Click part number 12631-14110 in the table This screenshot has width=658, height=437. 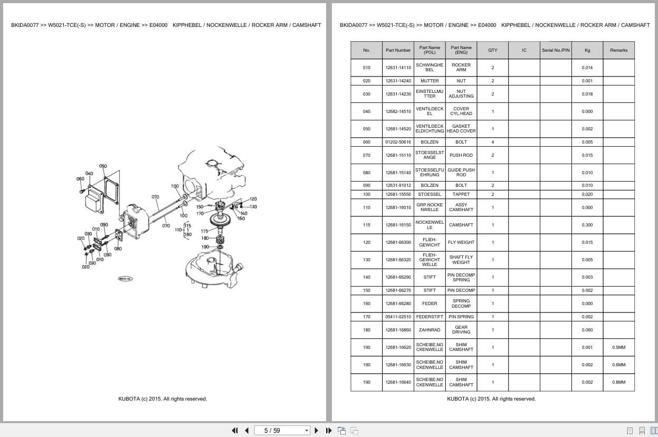pyautogui.click(x=398, y=68)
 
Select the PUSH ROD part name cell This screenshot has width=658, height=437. pyautogui.click(x=461, y=155)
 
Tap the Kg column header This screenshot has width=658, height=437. pyautogui.click(x=587, y=50)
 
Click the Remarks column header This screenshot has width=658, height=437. pyautogui.click(x=618, y=50)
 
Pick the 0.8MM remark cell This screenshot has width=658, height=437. pyautogui.click(x=618, y=382)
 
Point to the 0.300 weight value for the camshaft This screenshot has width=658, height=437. pyautogui.click(x=587, y=225)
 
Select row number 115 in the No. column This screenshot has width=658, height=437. pyautogui.click(x=366, y=225)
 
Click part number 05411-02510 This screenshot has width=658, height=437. pyautogui.click(x=398, y=317)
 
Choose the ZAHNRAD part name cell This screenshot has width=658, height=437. pyautogui.click(x=430, y=330)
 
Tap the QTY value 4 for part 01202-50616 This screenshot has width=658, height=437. pyautogui.click(x=492, y=142)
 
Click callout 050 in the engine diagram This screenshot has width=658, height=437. pyautogui.click(x=103, y=166)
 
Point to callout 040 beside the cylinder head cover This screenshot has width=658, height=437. pyautogui.click(x=89, y=174)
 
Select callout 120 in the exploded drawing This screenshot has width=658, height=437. pyautogui.click(x=253, y=199)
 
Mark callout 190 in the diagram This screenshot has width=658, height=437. pyautogui.click(x=205, y=247)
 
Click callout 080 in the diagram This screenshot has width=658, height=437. pyautogui.click(x=118, y=249)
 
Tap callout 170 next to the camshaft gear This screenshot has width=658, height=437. pyautogui.click(x=200, y=214)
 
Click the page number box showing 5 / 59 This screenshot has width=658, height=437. pyautogui.click(x=282, y=430)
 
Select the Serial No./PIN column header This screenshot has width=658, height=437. pyautogui.click(x=555, y=50)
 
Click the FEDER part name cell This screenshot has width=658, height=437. pyautogui.click(x=430, y=303)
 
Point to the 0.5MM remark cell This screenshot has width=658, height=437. pyautogui.click(x=618, y=347)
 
